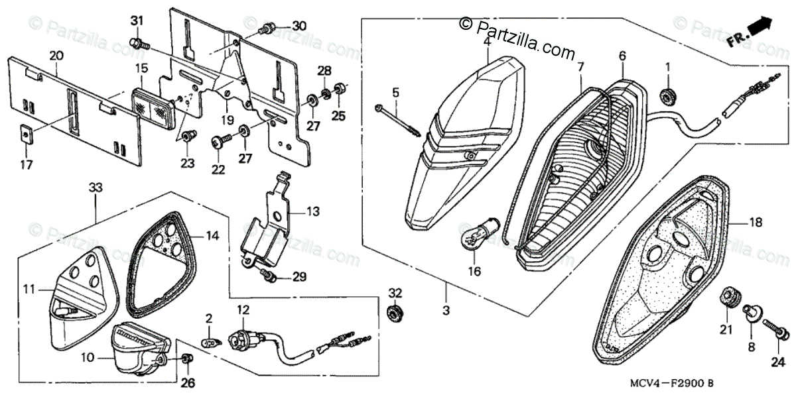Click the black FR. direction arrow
[761, 28]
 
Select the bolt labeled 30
[268, 28]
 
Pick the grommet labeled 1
[667, 95]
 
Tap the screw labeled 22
[221, 141]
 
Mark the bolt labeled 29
[269, 275]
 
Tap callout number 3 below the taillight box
[446, 310]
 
